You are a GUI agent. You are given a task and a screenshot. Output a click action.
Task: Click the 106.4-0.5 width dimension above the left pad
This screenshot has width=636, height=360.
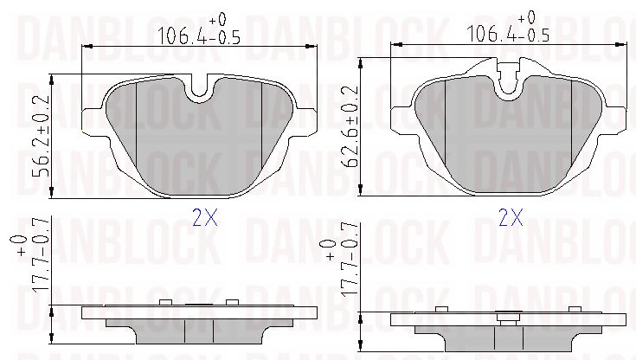[x=199, y=35]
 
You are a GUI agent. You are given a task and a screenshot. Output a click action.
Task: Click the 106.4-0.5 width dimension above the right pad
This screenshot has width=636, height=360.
[x=508, y=33]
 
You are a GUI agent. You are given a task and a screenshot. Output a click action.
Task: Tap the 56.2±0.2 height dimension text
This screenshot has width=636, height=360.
[x=41, y=136]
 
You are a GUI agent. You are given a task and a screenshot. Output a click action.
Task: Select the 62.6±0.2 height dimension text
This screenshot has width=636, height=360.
[x=350, y=126]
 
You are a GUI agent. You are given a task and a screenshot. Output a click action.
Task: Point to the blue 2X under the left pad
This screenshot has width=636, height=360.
[x=205, y=218]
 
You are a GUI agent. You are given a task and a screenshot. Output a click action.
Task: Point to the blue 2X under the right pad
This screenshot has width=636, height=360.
[x=511, y=218]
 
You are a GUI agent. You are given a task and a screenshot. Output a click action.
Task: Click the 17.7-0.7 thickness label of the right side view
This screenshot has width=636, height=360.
[x=350, y=260]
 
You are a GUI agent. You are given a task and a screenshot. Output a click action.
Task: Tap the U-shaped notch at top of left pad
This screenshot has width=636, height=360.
[x=199, y=88]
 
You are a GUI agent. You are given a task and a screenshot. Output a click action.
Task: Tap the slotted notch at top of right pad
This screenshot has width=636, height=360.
[x=508, y=79]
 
